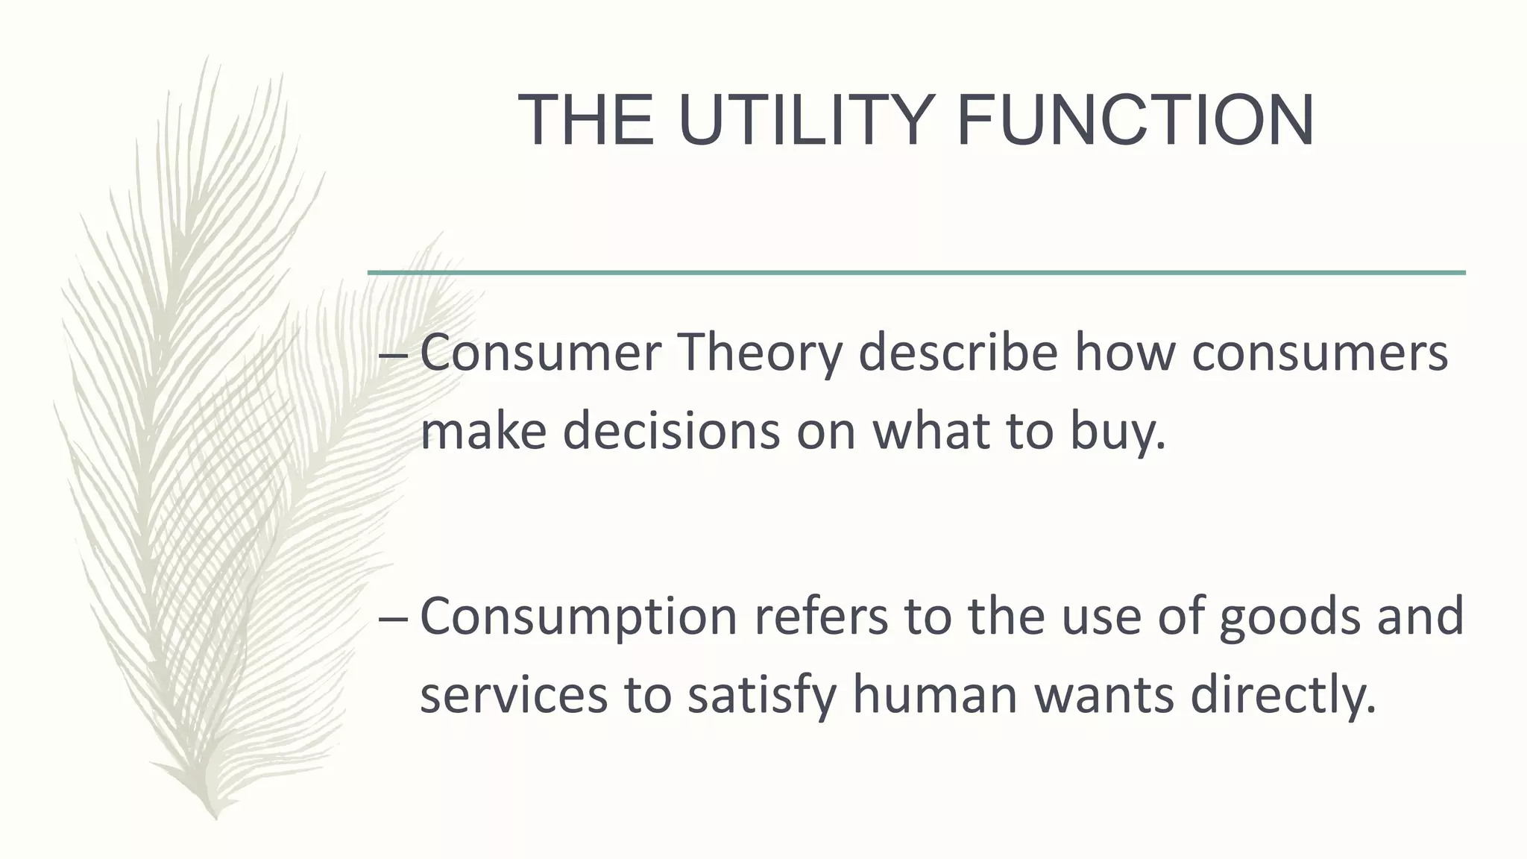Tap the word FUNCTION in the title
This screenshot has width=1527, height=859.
point(1135,121)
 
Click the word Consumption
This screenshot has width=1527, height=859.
point(579,617)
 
